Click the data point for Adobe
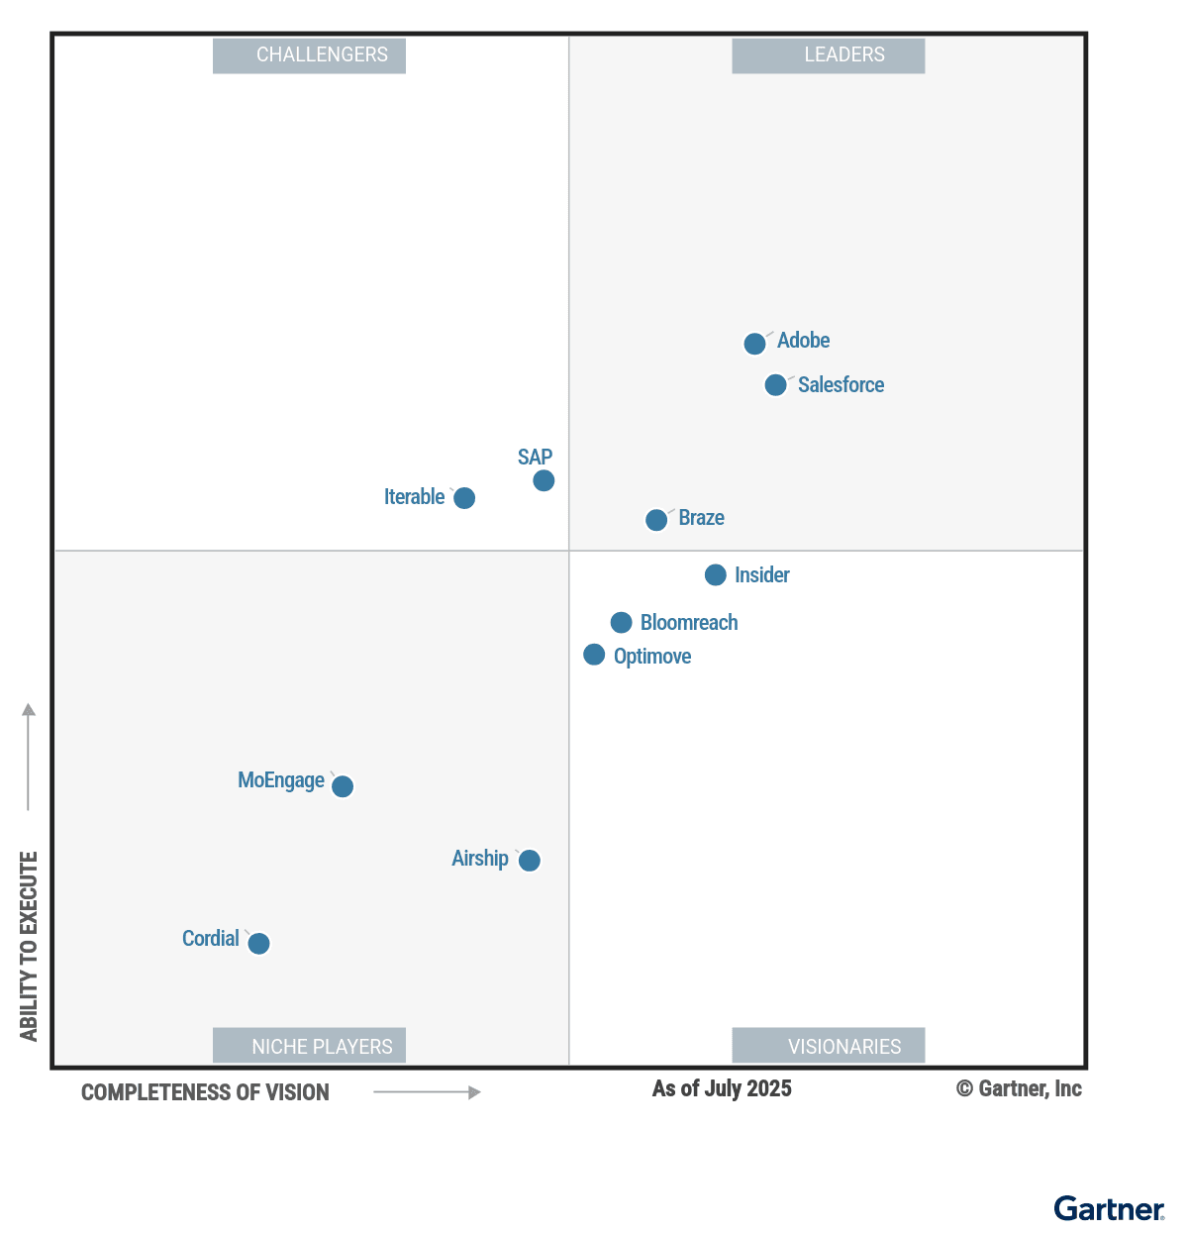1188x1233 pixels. [754, 344]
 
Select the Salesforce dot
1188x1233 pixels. [776, 384]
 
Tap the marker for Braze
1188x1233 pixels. [656, 520]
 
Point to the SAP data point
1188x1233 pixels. [544, 480]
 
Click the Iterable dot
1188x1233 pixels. [464, 498]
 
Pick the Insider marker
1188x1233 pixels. [716, 574]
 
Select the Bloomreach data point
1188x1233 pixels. [621, 622]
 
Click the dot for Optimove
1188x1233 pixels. [594, 655]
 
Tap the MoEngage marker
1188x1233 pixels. [343, 786]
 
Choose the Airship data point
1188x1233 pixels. [530, 861]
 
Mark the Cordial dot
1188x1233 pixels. [258, 944]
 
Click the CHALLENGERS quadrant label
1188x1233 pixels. [310, 55]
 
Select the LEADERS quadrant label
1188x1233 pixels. [829, 55]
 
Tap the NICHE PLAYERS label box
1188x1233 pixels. [310, 1046]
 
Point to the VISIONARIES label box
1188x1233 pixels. [829, 1046]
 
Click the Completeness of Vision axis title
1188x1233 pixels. [205, 1092]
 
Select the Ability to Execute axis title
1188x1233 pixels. [29, 946]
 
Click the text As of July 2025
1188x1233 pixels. [722, 1088]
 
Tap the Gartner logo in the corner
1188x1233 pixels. [1109, 1209]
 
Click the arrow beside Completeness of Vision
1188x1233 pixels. [427, 1092]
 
